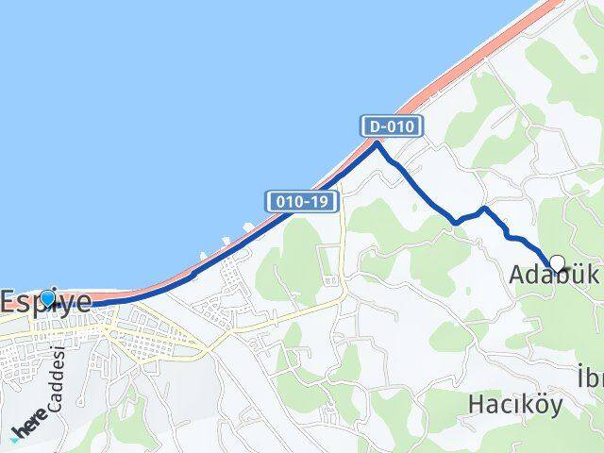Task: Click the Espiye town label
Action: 46,302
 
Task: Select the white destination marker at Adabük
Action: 557,264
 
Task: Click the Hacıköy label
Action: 515,405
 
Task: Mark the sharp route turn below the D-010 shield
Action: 377,143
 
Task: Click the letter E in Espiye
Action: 9,302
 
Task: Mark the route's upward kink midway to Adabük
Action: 482,209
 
